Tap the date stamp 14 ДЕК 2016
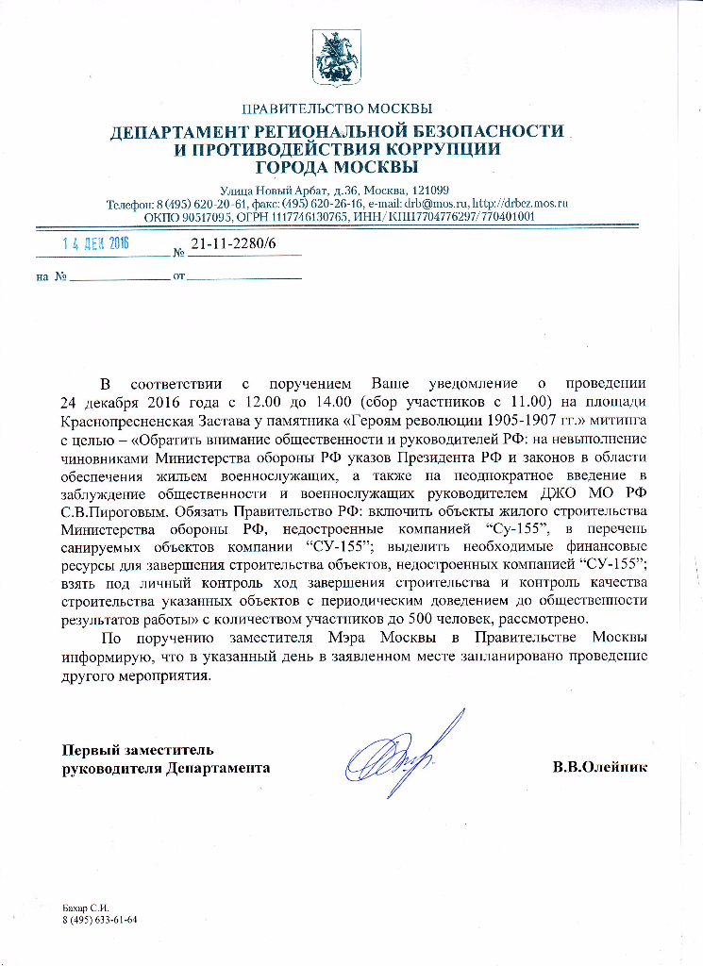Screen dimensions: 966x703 tap(96, 243)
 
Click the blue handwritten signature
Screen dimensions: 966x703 tap(401, 751)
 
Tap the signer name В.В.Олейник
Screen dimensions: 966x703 tap(600, 767)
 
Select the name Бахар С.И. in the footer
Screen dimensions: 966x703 tap(81, 907)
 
